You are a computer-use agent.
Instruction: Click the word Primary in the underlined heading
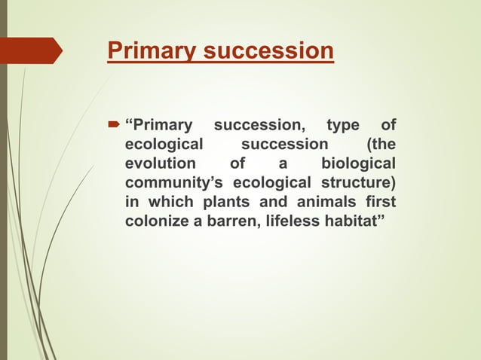point(142,51)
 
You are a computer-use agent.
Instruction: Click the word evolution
point(160,163)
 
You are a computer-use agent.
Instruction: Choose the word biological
point(358,163)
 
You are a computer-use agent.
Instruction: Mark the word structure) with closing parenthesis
point(359,183)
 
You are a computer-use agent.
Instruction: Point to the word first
point(379,203)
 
